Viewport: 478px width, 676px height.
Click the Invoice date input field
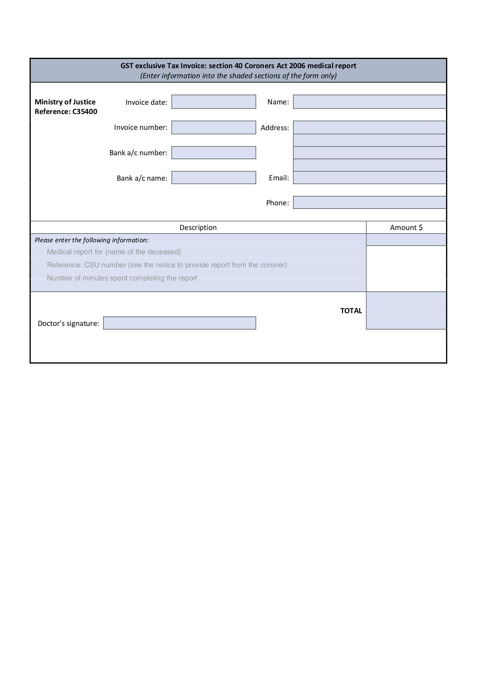[x=213, y=102]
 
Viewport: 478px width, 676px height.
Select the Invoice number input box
[x=213, y=127]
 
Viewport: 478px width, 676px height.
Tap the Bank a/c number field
[x=213, y=153]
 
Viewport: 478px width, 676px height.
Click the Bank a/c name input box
[x=213, y=178]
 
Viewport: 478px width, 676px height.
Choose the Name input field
[x=369, y=102]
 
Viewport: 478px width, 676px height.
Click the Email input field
[x=369, y=178]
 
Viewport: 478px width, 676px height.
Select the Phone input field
[x=369, y=203]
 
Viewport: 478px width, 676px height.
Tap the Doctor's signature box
[x=179, y=323]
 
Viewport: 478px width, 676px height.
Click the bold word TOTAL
[x=351, y=311]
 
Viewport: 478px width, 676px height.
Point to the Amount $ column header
[x=406, y=228]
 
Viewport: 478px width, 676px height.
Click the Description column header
[x=198, y=228]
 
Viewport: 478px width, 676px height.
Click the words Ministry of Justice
[x=65, y=102]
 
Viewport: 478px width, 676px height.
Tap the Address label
[x=275, y=128]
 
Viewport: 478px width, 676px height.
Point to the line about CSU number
[x=167, y=265]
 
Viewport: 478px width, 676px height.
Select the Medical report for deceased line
[x=114, y=252]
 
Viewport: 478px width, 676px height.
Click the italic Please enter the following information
[x=92, y=240]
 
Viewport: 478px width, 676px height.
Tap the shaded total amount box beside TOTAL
[x=406, y=311]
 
